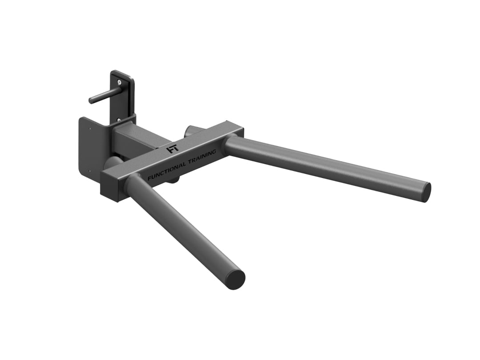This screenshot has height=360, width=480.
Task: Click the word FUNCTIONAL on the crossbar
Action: click(167, 170)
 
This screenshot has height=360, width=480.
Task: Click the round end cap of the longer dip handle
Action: click(424, 191)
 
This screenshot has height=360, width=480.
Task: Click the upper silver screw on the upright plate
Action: click(119, 82)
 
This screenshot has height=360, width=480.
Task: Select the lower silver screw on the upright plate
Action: click(119, 119)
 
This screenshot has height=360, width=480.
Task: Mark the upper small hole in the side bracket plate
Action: click(90, 129)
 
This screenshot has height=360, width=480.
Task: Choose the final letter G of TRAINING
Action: click(214, 151)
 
